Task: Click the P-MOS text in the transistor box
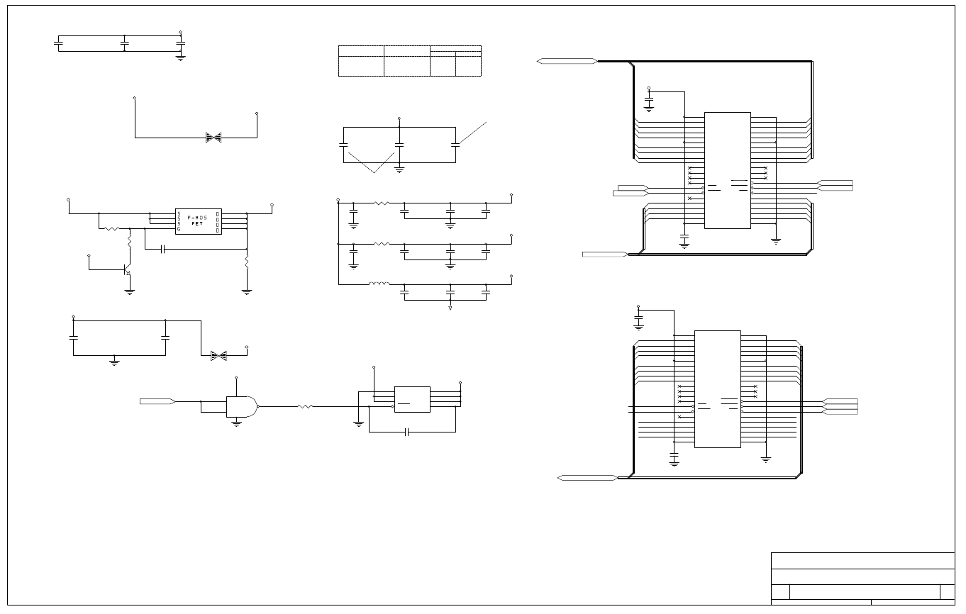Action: point(198,216)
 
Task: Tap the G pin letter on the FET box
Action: point(179,230)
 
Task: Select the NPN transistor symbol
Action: point(126,270)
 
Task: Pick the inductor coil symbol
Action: point(379,284)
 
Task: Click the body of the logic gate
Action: point(240,406)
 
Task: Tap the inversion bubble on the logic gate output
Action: point(258,406)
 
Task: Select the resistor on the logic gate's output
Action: point(305,406)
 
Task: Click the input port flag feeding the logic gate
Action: point(157,401)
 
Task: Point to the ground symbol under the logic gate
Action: point(236,423)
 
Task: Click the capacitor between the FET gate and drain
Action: point(163,249)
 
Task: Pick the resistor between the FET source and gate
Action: point(111,229)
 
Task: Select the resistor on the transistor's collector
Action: point(130,242)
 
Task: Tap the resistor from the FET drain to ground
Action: point(247,262)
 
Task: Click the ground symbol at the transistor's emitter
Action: point(130,291)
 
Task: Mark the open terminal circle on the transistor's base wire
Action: point(88,255)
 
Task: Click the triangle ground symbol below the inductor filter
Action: point(450,308)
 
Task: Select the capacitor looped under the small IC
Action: point(406,432)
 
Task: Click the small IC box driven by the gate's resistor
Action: point(411,399)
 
